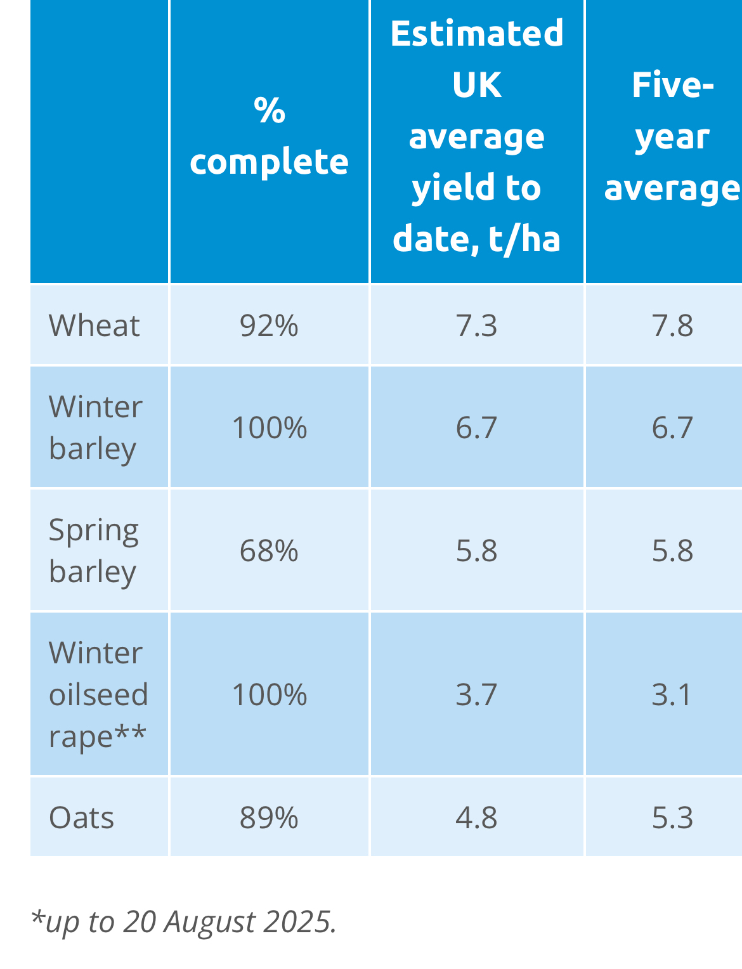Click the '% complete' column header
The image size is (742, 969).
click(x=269, y=136)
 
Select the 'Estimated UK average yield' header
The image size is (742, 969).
click(x=477, y=136)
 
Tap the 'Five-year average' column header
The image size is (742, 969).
click(x=672, y=136)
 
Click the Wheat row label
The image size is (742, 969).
click(x=94, y=326)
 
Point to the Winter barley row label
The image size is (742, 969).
click(x=95, y=427)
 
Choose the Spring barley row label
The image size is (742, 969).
click(x=93, y=550)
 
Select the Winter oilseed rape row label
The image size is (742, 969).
click(x=98, y=694)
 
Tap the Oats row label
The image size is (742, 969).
click(x=82, y=818)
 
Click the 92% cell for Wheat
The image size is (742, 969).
click(x=269, y=326)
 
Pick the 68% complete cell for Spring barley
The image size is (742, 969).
click(x=269, y=550)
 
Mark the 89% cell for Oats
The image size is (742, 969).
click(x=269, y=818)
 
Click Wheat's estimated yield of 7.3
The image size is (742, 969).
click(x=477, y=326)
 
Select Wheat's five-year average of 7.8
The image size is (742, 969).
click(x=672, y=326)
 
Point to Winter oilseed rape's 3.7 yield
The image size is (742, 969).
click(x=477, y=695)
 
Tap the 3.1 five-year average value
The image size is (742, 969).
click(x=672, y=695)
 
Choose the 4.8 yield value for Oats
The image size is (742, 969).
click(x=477, y=818)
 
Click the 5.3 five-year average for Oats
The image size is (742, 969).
click(x=672, y=818)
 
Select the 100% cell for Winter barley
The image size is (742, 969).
click(x=270, y=428)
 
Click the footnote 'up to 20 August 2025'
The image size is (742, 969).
click(x=183, y=922)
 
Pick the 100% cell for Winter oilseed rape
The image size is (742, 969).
click(x=270, y=695)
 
